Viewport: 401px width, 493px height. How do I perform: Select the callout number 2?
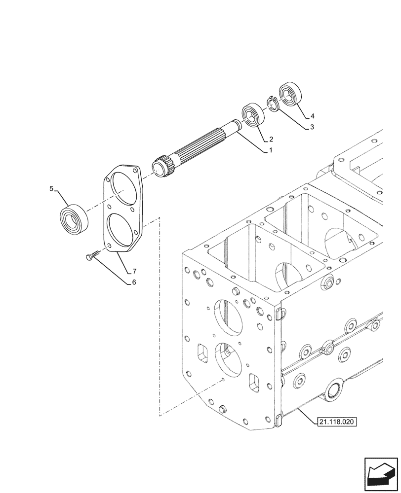coord(271,139)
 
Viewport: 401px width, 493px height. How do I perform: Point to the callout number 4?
coord(312,117)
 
